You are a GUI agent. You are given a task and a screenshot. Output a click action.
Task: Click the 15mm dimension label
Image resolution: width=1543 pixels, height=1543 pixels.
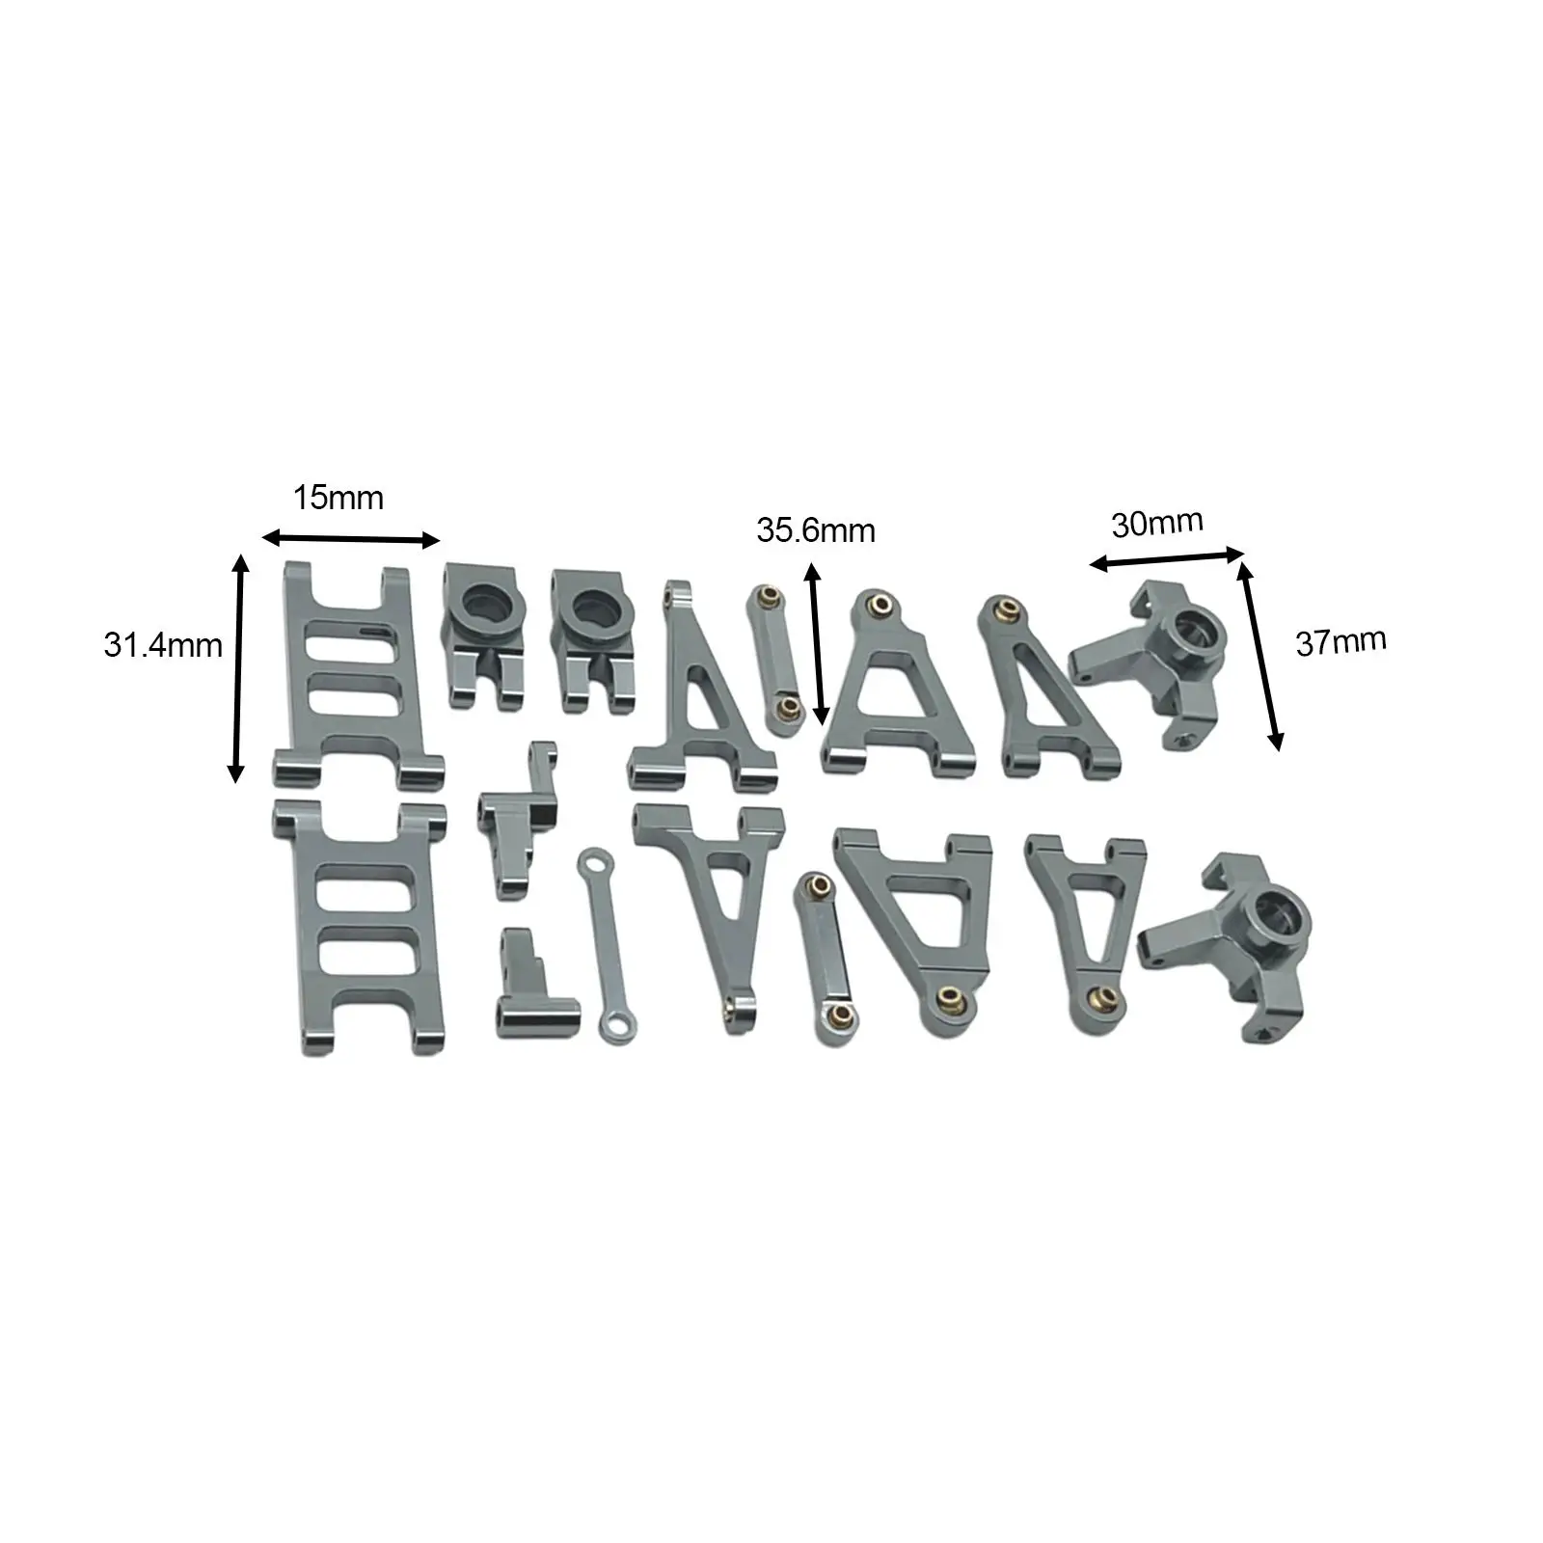[x=338, y=498]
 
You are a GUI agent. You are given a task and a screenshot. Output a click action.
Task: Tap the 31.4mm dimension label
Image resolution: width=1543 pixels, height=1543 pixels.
[x=163, y=645]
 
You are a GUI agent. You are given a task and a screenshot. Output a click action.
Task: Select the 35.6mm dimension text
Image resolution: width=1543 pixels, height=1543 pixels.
[x=816, y=530]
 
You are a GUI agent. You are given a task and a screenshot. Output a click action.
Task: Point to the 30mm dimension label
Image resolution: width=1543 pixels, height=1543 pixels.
[x=1157, y=523]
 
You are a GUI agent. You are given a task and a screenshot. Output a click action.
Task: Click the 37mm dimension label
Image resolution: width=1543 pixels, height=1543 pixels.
[x=1340, y=641]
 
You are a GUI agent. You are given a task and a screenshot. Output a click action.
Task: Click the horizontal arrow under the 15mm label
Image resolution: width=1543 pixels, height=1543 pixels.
[x=351, y=539]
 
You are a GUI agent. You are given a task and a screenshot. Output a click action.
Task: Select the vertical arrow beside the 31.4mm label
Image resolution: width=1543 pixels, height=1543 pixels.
[x=237, y=668]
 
